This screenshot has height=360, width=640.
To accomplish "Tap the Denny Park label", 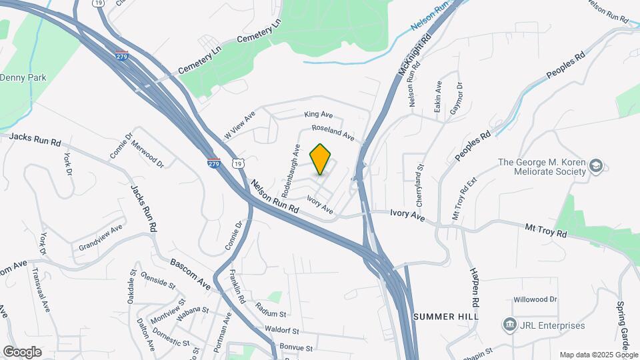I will point(23,78).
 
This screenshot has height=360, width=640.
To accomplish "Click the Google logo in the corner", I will point(21,352).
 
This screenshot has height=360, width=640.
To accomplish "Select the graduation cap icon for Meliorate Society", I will point(596,167).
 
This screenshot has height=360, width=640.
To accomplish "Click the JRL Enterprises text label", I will point(553,325).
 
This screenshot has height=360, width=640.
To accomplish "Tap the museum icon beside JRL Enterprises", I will point(510,325).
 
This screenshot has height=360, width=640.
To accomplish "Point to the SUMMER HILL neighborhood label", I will point(446,317).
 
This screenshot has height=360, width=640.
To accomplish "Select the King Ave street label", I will point(318,115).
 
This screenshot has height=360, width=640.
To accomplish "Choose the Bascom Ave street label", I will point(191,275).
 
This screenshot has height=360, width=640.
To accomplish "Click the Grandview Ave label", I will point(101,237).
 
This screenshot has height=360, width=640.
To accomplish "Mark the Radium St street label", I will point(271,309).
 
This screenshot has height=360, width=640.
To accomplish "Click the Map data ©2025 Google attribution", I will point(598,355).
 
